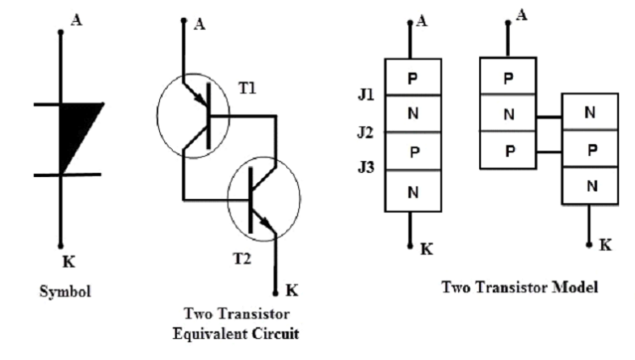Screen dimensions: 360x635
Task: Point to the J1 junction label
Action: [x=366, y=96]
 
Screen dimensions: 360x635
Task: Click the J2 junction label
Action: [x=366, y=133]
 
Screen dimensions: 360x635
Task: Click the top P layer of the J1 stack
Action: [x=412, y=77]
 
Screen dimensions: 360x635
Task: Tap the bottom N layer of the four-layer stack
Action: [x=412, y=192]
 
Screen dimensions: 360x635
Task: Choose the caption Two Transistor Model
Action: [x=520, y=287]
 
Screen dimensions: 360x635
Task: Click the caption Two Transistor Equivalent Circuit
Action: [x=240, y=323]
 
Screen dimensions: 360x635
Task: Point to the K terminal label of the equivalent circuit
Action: [x=291, y=291]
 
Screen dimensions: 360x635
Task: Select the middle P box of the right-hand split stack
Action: [x=589, y=149]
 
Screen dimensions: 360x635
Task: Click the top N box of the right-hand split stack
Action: [x=589, y=111]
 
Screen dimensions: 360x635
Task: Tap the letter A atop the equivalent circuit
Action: [x=200, y=24]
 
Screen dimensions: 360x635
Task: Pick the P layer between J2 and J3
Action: [x=412, y=152]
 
